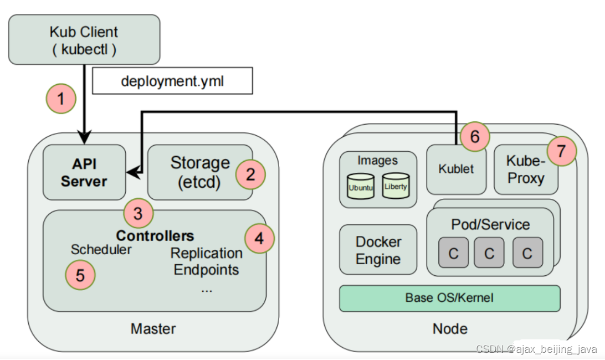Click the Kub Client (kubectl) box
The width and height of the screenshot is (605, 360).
[x=84, y=40]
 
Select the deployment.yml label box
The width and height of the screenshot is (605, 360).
[x=172, y=81]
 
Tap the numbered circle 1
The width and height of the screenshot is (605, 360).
[x=61, y=99]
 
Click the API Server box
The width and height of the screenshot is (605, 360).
[x=84, y=172]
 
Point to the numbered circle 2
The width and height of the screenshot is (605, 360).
[x=250, y=174]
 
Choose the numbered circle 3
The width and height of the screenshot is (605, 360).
[x=139, y=213]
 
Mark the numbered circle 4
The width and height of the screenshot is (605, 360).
[x=259, y=239]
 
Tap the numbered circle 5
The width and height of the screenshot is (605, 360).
[x=80, y=275]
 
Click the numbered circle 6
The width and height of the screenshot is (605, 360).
[x=475, y=136]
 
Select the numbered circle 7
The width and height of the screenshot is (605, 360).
[x=562, y=151]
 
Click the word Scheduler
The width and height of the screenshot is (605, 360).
[x=101, y=250]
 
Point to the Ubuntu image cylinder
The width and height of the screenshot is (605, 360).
[x=361, y=186]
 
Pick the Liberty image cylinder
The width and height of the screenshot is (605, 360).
[x=396, y=186]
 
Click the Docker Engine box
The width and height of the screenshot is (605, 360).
[x=378, y=250]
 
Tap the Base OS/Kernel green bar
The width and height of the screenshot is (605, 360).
[x=450, y=299]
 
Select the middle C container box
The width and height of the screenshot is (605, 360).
[x=489, y=253]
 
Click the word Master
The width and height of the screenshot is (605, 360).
[x=153, y=329]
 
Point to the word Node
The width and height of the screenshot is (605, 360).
[x=450, y=329]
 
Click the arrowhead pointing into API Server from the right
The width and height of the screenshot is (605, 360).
[x=134, y=172]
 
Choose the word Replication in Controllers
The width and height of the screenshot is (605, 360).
[x=207, y=253]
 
